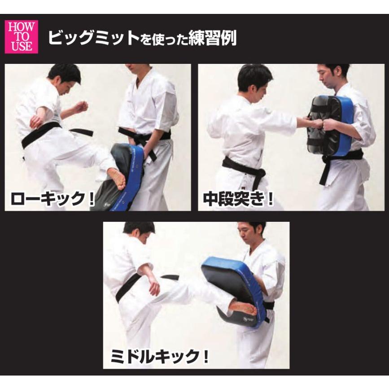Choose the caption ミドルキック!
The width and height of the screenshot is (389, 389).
(x=159, y=356)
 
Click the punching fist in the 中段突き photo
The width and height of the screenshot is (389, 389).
(x=318, y=123)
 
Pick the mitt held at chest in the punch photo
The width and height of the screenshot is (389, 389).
(x=329, y=126)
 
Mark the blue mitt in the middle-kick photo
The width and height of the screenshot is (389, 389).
(x=233, y=287)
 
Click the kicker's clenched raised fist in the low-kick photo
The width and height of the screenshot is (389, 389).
(x=81, y=107)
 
